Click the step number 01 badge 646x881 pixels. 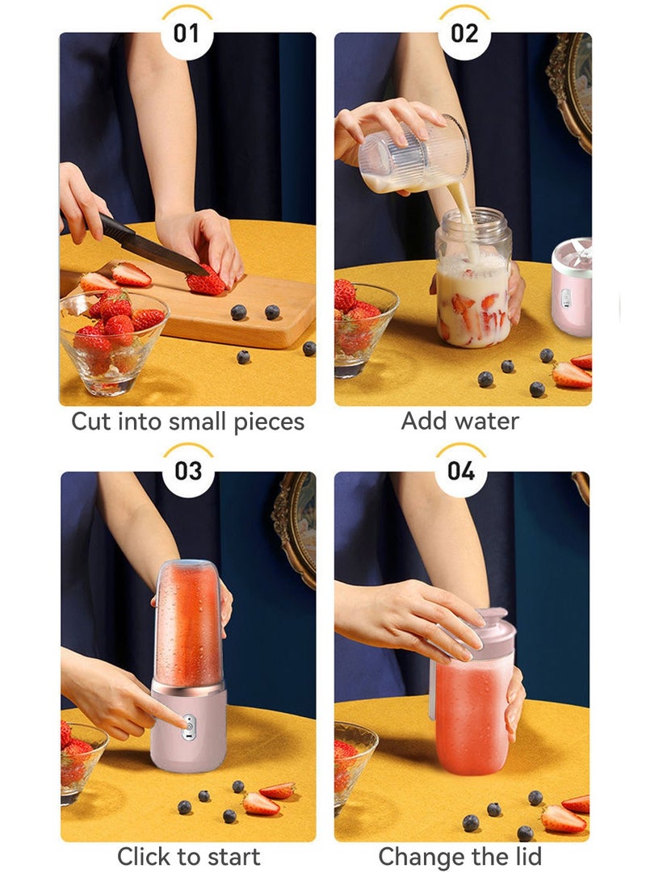(x=187, y=33)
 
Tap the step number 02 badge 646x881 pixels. (x=464, y=33)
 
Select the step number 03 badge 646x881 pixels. (x=187, y=471)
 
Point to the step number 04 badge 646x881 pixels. (x=461, y=471)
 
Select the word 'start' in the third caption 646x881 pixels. (x=233, y=857)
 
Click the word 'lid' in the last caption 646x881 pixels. (x=528, y=856)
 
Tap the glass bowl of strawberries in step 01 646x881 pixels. (x=112, y=342)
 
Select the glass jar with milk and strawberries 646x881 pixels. (x=474, y=277)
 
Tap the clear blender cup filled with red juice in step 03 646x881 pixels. (x=187, y=623)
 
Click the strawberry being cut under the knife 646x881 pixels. (x=206, y=282)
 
